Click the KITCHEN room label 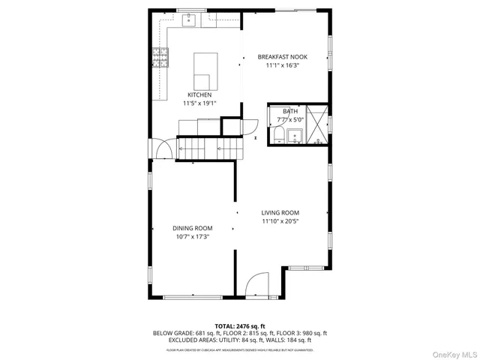point(199,95)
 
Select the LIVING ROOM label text point(280,212)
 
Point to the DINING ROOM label point(192,228)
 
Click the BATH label point(289,111)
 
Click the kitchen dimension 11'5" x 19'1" point(200,103)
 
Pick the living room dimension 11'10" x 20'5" point(280,221)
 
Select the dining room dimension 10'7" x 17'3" point(192,236)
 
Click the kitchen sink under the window point(188,20)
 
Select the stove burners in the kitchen point(160,55)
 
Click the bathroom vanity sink point(295,136)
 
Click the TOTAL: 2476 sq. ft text point(240,326)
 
